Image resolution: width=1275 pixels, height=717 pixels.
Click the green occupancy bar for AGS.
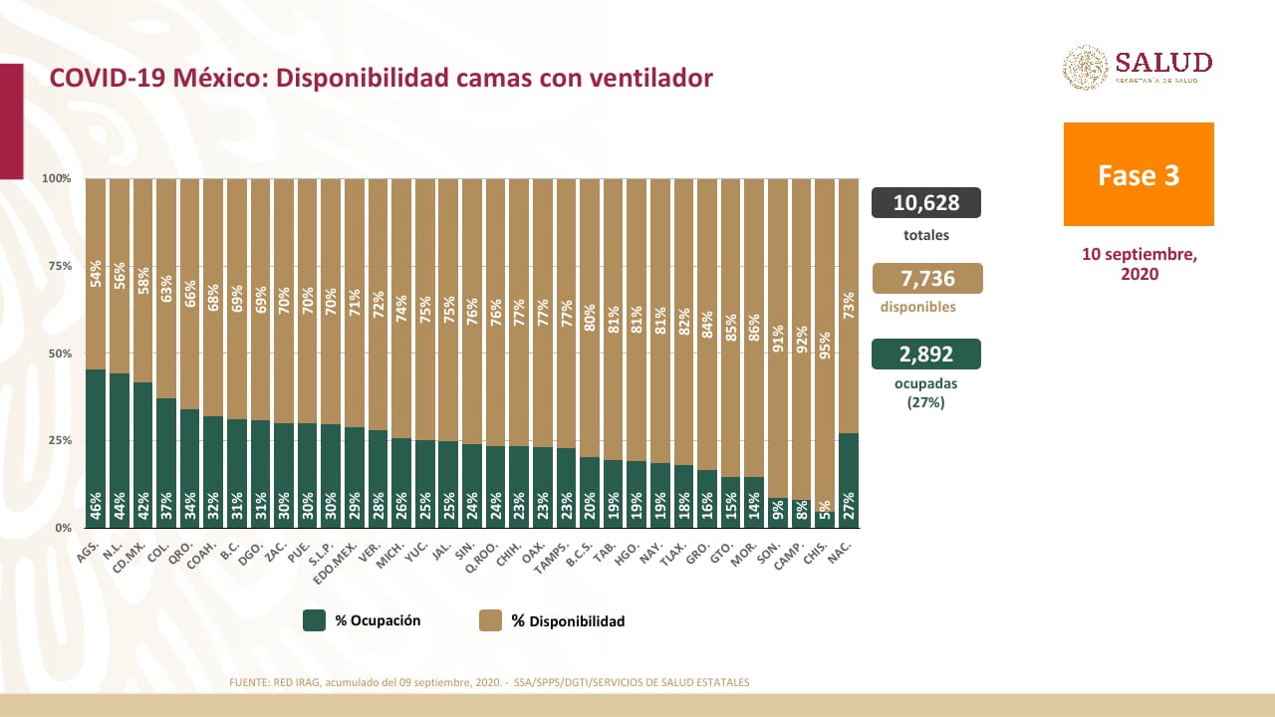click(x=97, y=448)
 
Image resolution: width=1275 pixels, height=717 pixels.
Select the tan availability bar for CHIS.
click(x=826, y=339)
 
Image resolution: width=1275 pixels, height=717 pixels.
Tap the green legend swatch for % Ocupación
click(x=315, y=620)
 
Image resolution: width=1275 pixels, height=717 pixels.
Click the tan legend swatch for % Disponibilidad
click(x=490, y=620)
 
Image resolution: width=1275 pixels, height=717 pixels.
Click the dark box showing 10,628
click(x=926, y=203)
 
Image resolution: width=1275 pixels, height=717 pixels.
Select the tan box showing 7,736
click(x=926, y=278)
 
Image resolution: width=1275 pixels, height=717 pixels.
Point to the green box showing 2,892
click(x=926, y=355)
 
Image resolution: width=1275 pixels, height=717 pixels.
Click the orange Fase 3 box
click(x=1139, y=174)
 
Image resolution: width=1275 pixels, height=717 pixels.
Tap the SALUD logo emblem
click(x=1085, y=68)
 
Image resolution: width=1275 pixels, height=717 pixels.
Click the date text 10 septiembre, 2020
click(x=1140, y=264)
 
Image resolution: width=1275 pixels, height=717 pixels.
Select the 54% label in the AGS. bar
click(x=97, y=273)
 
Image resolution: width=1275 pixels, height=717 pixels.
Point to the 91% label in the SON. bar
click(x=779, y=339)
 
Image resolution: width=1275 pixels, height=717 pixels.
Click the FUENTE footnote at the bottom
click(x=489, y=682)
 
